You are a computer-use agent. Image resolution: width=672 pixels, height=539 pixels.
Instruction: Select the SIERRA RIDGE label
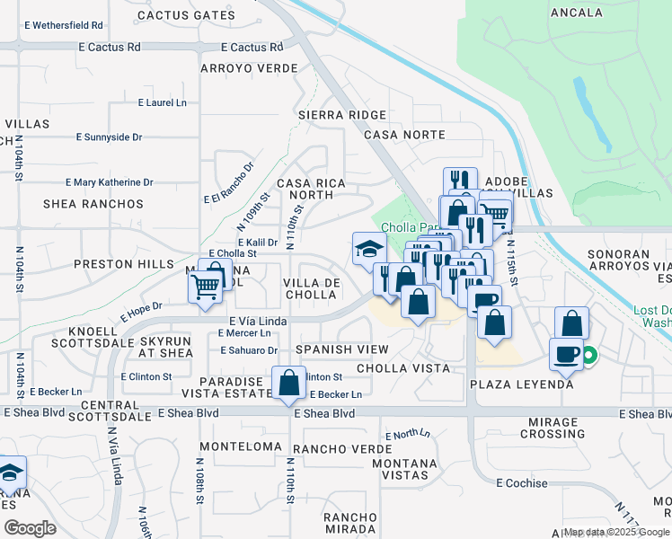point(342,115)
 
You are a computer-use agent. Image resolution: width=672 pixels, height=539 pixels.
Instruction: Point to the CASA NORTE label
point(404,135)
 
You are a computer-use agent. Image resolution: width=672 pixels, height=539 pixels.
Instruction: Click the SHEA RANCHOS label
point(93,204)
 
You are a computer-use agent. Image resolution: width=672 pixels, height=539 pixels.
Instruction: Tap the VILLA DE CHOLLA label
point(311,289)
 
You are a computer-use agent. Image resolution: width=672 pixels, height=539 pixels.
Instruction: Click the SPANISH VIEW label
point(341,349)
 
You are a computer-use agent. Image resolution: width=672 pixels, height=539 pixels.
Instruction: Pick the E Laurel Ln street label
point(162,103)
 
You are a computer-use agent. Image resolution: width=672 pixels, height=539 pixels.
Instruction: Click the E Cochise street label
point(522,483)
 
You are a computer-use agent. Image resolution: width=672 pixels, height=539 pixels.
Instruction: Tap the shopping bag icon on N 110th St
point(288,383)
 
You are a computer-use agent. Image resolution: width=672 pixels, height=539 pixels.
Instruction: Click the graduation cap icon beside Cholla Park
point(368,249)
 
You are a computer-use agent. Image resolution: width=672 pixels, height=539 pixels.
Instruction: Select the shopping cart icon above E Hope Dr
point(206,287)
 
